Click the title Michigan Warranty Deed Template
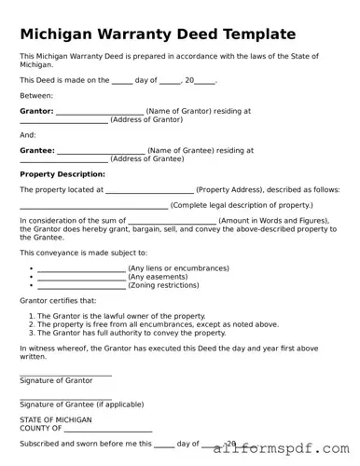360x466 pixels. (x=158, y=34)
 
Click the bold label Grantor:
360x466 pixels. (x=36, y=111)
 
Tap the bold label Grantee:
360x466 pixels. (x=37, y=150)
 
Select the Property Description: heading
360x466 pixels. (x=62, y=174)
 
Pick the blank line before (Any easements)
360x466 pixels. (x=81, y=280)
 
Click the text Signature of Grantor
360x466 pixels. (x=56, y=380)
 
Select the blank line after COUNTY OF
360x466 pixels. (x=107, y=431)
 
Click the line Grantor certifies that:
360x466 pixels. (x=58, y=301)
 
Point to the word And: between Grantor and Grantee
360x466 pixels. (x=28, y=134)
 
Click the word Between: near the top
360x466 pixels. (x=36, y=95)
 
